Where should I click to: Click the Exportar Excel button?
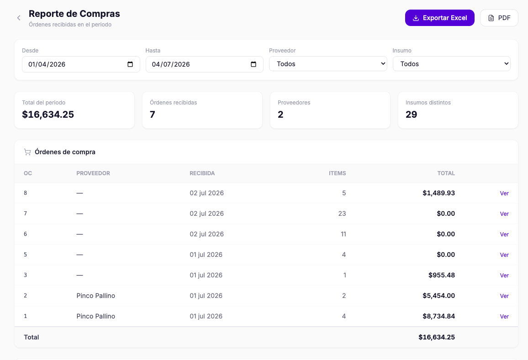pos(439,18)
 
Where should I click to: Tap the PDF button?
pos(499,18)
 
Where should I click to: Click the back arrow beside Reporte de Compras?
pos(19,18)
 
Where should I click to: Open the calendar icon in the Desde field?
pos(130,64)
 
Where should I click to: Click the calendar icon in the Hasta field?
pos(253,64)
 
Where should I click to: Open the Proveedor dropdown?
pos(328,64)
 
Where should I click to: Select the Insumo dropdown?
pos(452,64)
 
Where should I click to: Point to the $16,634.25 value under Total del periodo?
pos(48,115)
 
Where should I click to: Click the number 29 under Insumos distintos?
pos(411,115)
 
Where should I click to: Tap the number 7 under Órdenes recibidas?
pos(153,115)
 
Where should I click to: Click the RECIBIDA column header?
pos(202,173)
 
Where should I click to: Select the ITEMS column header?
pos(338,173)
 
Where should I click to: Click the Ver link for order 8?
pos(504,193)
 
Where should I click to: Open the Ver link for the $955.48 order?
pos(504,275)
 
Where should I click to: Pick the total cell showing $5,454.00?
pos(439,296)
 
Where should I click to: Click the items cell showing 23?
pos(342,214)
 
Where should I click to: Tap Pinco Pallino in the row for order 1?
pos(95,316)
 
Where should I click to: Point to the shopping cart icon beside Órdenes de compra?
pos(27,152)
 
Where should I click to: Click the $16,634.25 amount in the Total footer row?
pos(437,337)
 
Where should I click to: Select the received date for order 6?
pos(206,234)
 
